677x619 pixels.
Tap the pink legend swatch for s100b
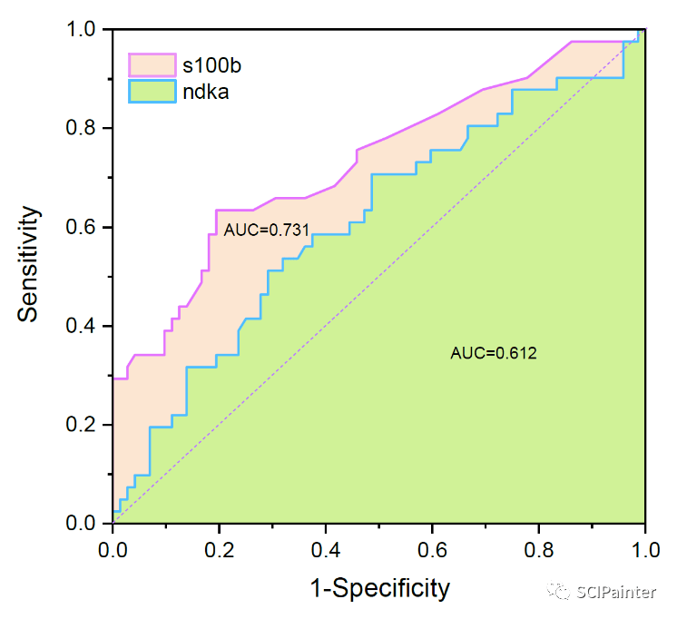tap(152, 64)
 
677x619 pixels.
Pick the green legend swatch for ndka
tap(152, 90)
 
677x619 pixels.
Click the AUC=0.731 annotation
tap(260, 231)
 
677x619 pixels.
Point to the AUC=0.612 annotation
tap(494, 353)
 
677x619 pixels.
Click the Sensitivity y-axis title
tap(29, 264)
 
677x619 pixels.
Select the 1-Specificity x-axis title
tap(379, 588)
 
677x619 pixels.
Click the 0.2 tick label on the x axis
tap(220, 550)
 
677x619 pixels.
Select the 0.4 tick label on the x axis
tap(326, 550)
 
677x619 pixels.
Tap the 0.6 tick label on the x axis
tap(432, 550)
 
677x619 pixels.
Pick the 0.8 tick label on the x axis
tap(538, 550)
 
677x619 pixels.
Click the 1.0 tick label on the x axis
tap(643, 550)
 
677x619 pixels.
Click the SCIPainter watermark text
tap(616, 593)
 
